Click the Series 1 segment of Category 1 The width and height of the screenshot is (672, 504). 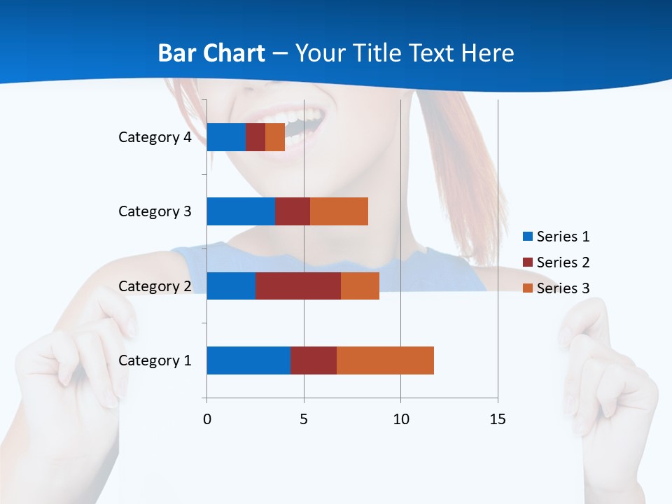(248, 360)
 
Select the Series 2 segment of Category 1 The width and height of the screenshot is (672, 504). (314, 360)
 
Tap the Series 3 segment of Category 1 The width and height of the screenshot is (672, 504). (385, 360)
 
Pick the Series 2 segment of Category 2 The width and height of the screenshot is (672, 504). (298, 286)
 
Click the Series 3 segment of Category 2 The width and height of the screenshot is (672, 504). (360, 286)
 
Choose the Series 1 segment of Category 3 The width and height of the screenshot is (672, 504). (241, 211)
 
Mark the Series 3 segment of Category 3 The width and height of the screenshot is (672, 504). (339, 211)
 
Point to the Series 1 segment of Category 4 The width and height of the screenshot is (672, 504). (226, 137)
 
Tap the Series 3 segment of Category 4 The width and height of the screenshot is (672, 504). (275, 137)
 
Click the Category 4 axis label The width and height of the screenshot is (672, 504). (155, 137)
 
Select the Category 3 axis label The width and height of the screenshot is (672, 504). (155, 211)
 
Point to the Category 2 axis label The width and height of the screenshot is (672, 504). (155, 286)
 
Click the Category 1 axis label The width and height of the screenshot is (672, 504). (155, 360)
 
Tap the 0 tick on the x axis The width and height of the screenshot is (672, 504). (207, 419)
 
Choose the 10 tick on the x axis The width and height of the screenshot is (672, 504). (400, 419)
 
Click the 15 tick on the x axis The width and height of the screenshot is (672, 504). (498, 419)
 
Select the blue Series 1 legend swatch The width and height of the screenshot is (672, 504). (527, 237)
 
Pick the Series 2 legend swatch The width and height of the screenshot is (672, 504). (527, 262)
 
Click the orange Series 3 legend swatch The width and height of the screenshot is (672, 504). (527, 288)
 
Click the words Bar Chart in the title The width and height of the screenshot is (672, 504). (211, 53)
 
